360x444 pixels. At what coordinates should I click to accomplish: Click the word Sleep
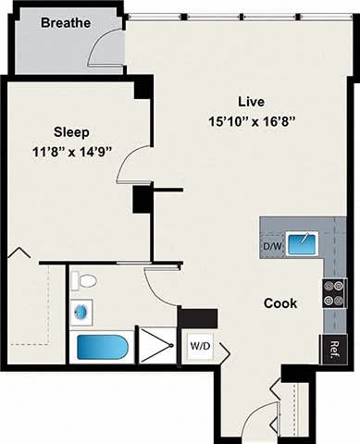tap(71, 132)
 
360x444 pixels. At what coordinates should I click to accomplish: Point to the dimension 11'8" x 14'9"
tap(73, 152)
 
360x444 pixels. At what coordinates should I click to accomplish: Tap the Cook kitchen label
tap(280, 302)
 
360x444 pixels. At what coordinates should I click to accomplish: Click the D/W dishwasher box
tap(271, 247)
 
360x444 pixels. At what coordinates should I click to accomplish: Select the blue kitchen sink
tap(301, 244)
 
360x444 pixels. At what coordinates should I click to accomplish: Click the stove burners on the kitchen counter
tap(332, 292)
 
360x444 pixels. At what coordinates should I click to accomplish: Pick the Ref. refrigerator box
tap(333, 350)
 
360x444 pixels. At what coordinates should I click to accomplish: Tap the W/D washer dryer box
tap(199, 346)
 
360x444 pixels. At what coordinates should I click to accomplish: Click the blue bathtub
tap(102, 348)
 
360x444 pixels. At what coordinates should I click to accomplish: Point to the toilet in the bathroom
tap(85, 280)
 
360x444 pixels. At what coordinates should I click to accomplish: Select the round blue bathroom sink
tap(81, 313)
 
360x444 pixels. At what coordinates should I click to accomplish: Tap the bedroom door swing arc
tap(137, 165)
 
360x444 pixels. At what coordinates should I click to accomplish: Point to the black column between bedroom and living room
tap(142, 199)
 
